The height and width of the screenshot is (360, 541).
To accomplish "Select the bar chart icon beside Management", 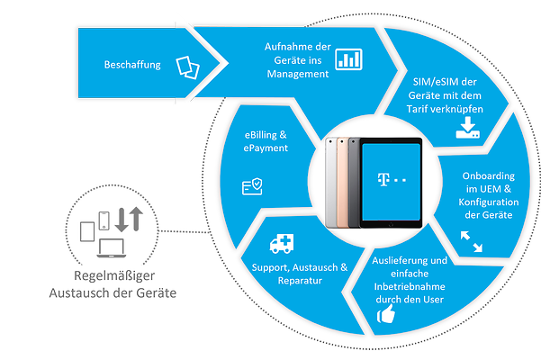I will coord(347,59).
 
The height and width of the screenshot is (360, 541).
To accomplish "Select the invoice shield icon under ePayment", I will coord(253,185).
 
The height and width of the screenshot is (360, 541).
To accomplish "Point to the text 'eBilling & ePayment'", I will coord(266,140).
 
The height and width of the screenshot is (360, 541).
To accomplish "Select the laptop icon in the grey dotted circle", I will coord(111,247).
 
